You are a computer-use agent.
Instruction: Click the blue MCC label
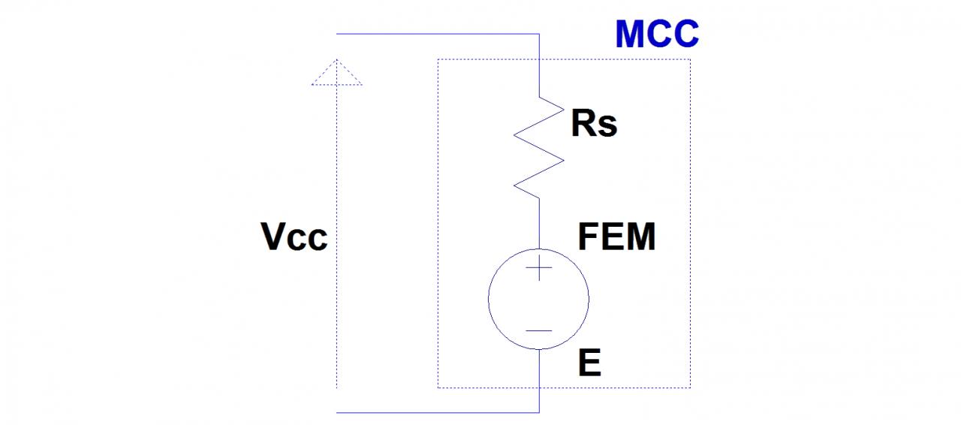pyautogui.click(x=657, y=35)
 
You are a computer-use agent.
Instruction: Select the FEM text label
pyautogui.click(x=616, y=238)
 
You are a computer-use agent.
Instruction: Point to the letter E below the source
pyautogui.click(x=589, y=364)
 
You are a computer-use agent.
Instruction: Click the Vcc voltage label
pyautogui.click(x=294, y=238)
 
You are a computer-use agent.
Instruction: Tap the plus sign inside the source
pyautogui.click(x=539, y=268)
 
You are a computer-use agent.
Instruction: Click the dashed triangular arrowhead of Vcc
pyautogui.click(x=336, y=73)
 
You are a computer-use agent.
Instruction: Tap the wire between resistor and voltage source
pyautogui.click(x=539, y=223)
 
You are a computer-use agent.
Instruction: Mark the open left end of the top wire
pyautogui.click(x=337, y=34)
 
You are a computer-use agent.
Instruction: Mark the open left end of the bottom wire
pyautogui.click(x=337, y=412)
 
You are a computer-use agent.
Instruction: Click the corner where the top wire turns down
pyautogui.click(x=539, y=34)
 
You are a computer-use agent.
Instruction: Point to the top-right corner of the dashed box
pyautogui.click(x=690, y=59)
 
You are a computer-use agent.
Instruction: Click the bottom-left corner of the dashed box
pyautogui.click(x=438, y=387)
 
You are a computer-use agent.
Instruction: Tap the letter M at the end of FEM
pyautogui.click(x=639, y=238)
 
